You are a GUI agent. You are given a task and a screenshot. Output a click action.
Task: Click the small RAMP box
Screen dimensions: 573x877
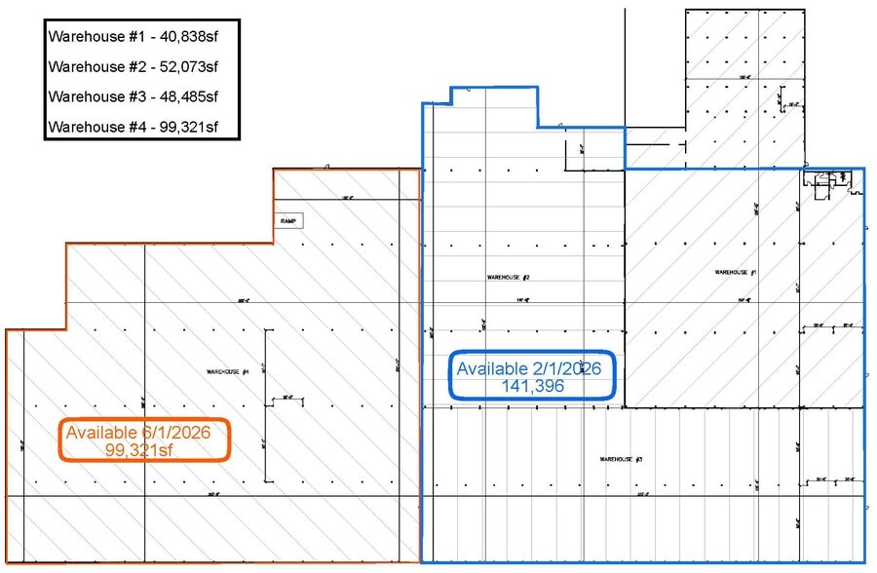tap(288, 220)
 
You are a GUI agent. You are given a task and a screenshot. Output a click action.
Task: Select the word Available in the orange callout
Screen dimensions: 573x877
tap(104, 431)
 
